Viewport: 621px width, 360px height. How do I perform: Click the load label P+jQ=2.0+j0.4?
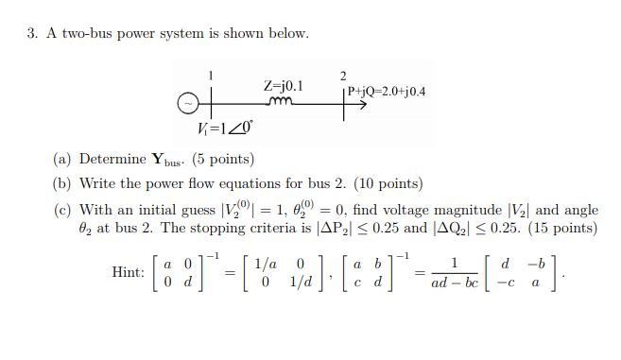tap(386, 92)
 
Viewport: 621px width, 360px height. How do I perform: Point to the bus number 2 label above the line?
tap(342, 75)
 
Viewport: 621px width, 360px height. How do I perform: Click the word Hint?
tap(128, 271)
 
